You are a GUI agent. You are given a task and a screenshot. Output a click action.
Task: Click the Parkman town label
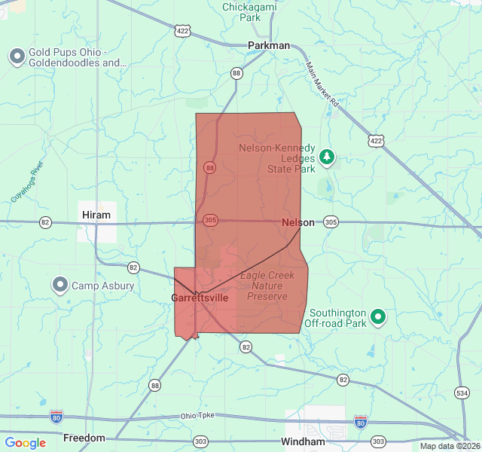pos(269,45)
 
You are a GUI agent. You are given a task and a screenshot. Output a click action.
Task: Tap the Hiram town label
pos(96,215)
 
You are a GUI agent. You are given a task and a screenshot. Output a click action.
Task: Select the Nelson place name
pos(298,222)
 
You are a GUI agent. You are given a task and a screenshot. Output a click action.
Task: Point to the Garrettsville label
pos(200,298)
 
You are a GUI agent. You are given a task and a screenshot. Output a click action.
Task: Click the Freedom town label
pos(84,438)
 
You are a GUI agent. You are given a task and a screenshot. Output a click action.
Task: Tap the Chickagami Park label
pos(251,11)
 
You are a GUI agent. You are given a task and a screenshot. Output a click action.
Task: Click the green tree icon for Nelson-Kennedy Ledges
pos(327,157)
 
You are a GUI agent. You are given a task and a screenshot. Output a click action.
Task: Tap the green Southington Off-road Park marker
pos(379,317)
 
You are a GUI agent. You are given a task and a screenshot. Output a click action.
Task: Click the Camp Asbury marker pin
pos(60,285)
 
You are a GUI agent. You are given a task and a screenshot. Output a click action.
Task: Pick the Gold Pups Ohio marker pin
pos(17,56)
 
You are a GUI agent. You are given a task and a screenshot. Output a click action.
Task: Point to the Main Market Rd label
pos(323,83)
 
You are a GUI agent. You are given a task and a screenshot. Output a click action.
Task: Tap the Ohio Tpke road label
pos(197,417)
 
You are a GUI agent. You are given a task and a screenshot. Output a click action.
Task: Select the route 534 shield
pos(462,393)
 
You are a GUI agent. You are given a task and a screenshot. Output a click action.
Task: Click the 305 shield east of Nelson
pos(331,222)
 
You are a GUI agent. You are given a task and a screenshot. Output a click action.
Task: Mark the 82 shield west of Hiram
pos(46,222)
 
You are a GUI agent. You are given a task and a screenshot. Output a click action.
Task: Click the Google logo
pos(25,443)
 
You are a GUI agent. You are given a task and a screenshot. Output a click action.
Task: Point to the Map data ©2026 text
pos(448,446)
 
